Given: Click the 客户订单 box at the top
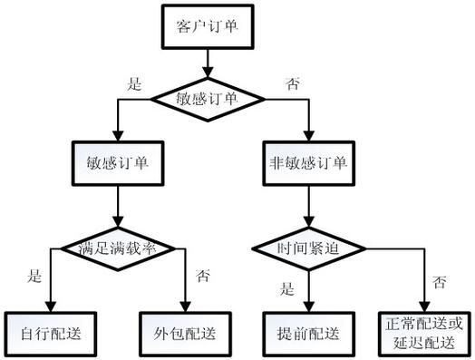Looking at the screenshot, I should [210, 26].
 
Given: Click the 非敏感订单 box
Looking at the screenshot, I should [309, 165].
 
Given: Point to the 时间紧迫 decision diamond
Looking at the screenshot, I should [309, 247].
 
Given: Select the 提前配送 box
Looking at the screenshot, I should [309, 331].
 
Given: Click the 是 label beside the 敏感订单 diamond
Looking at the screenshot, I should [133, 84].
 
